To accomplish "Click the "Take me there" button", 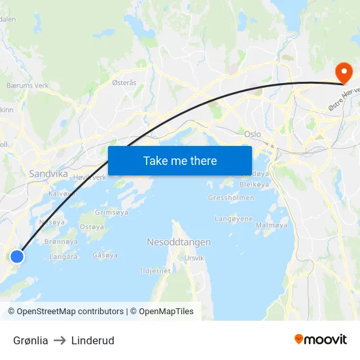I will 180,160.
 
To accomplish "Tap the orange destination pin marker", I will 342,72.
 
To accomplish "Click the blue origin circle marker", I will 18,256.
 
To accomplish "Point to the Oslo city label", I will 252,134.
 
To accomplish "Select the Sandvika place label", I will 48,174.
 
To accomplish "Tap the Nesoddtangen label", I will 179,242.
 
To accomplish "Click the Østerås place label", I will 124,82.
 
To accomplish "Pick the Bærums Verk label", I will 27,86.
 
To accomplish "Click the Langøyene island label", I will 234,219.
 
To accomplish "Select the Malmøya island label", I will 271,225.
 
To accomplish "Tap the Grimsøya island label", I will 113,212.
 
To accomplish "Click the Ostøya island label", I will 92,227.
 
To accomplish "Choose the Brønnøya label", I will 62,242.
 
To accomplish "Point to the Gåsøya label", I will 105,255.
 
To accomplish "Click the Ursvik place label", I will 194,258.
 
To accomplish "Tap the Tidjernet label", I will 155,270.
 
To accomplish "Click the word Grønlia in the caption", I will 31,340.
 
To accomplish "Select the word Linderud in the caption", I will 93,340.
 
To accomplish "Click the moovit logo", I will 321,339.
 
